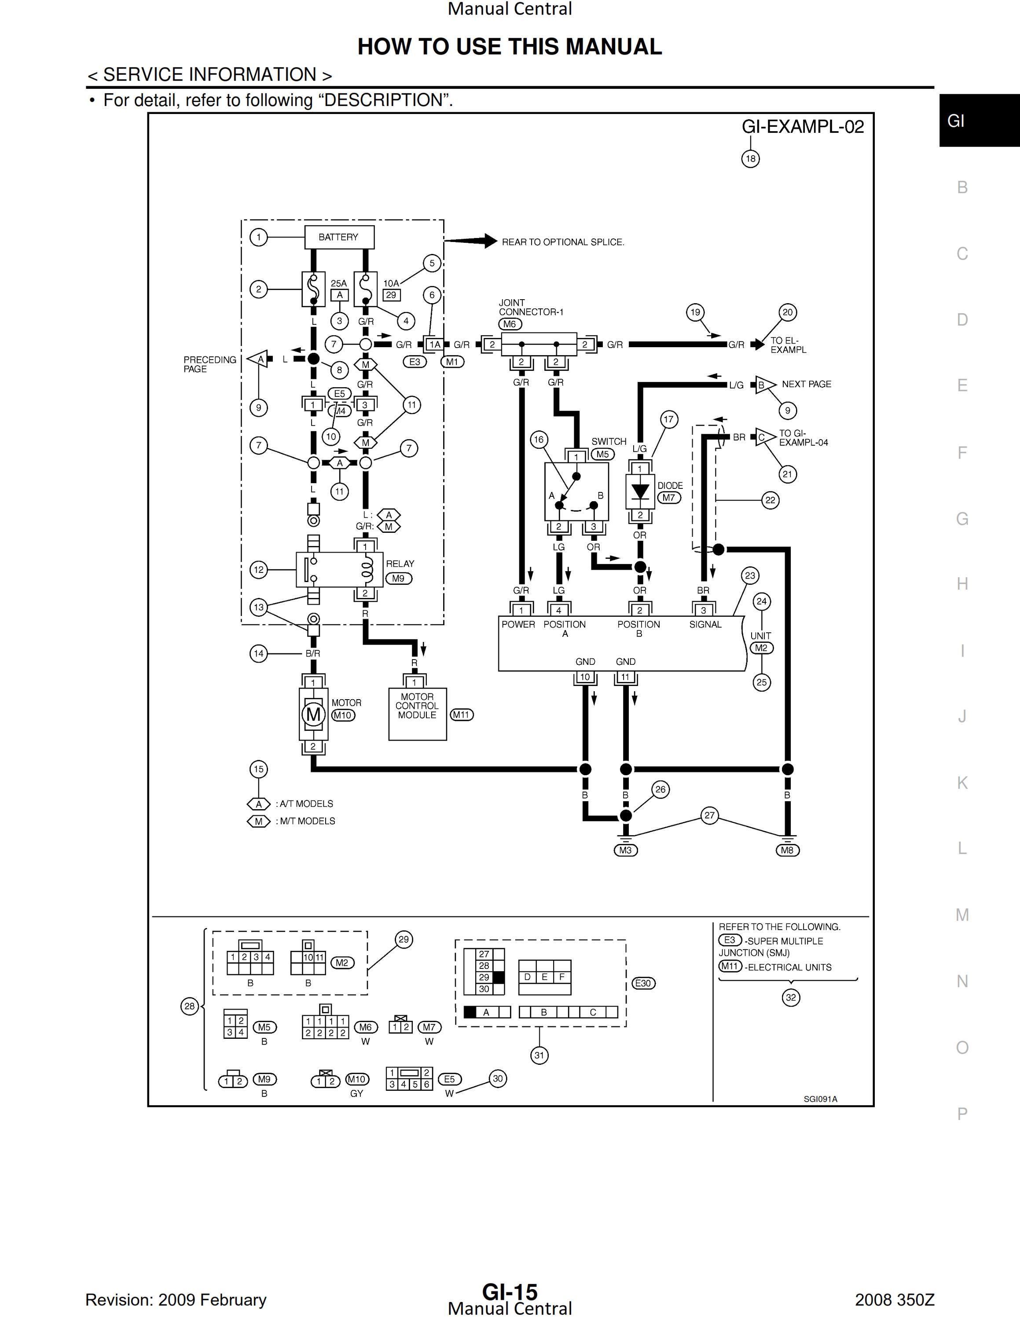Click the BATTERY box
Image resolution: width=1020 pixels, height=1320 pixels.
click(338, 237)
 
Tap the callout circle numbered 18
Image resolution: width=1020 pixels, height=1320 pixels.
click(751, 159)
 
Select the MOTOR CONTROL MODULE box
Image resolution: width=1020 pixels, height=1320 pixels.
click(418, 714)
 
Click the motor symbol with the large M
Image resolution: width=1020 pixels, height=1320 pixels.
click(313, 715)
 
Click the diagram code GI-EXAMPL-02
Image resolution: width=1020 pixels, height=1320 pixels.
click(803, 126)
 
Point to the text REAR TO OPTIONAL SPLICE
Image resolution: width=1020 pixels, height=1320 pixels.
click(563, 242)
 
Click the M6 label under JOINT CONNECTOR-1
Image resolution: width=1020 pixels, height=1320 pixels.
click(510, 324)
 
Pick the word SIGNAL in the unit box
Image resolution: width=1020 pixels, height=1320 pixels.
click(705, 624)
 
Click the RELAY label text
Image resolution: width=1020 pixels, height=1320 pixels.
click(400, 564)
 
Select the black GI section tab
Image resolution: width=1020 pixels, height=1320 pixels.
click(980, 120)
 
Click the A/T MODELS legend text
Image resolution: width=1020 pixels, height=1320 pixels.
click(305, 804)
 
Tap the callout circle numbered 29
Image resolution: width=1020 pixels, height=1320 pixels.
click(404, 939)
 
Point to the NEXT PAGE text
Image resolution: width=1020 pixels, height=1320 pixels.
click(806, 385)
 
